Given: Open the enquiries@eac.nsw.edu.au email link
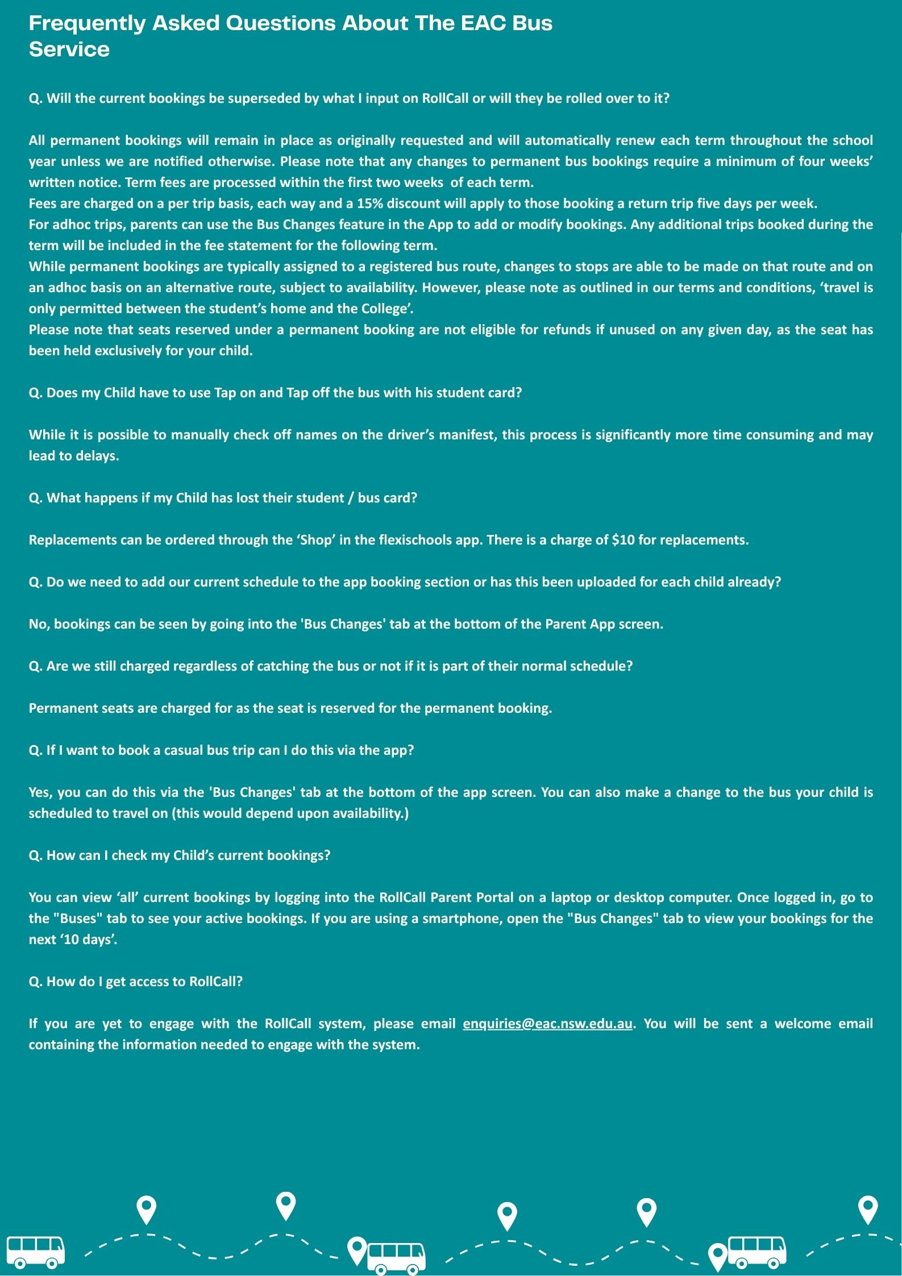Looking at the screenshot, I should [547, 1024].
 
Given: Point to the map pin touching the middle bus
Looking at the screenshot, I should [357, 1249].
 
